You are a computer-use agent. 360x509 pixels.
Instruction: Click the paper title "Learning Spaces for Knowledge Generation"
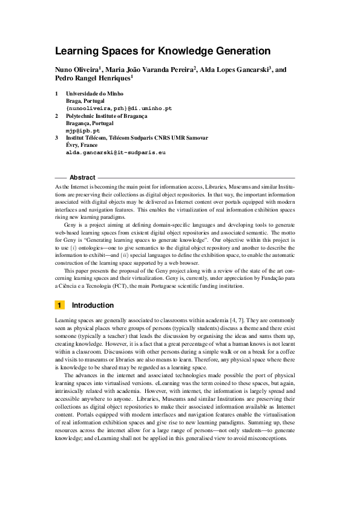162,51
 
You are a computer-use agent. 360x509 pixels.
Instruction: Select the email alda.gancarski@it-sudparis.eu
116,153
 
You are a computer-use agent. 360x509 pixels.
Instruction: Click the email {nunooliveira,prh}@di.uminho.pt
119,108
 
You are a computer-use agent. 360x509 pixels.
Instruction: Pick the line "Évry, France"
81,145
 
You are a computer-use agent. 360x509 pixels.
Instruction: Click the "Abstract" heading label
82,178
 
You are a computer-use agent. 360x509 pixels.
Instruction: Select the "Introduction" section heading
93,305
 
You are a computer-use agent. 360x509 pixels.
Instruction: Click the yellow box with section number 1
60,305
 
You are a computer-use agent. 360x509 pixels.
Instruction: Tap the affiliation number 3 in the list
56,138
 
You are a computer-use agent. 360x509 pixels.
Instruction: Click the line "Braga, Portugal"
85,101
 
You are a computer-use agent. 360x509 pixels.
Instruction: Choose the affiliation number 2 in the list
56,115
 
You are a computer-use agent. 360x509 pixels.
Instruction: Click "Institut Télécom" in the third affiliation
87,138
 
